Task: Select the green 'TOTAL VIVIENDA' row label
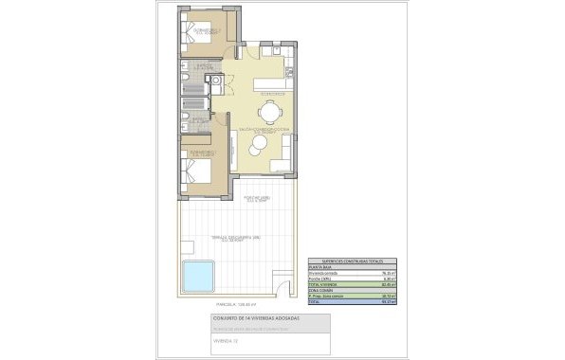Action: (325, 283)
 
